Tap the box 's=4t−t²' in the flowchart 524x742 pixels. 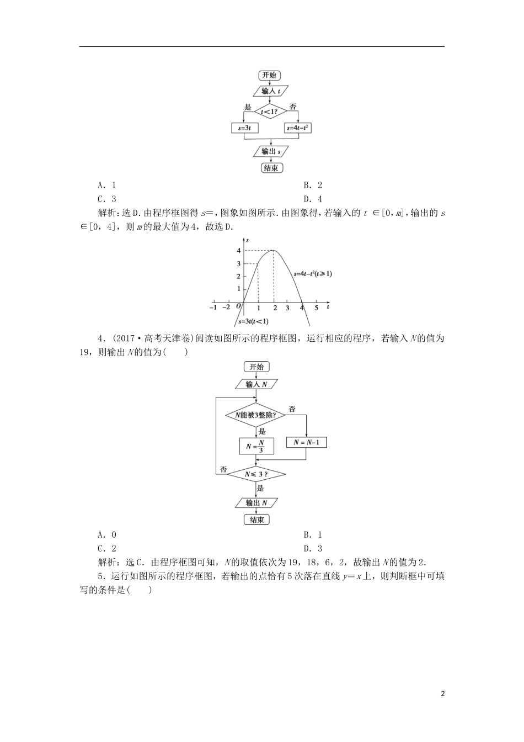(x=298, y=128)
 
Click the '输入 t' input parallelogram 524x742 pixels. (x=270, y=91)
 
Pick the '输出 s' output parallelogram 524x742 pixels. (x=270, y=151)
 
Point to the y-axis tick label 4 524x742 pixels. (x=238, y=251)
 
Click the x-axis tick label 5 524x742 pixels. (x=316, y=308)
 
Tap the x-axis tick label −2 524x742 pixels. (x=226, y=308)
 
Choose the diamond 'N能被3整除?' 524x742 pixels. (x=256, y=415)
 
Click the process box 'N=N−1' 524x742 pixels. (x=306, y=442)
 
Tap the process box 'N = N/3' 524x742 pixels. (x=256, y=446)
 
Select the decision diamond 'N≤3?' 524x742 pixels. (x=256, y=474)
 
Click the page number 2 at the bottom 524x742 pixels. (x=443, y=693)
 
